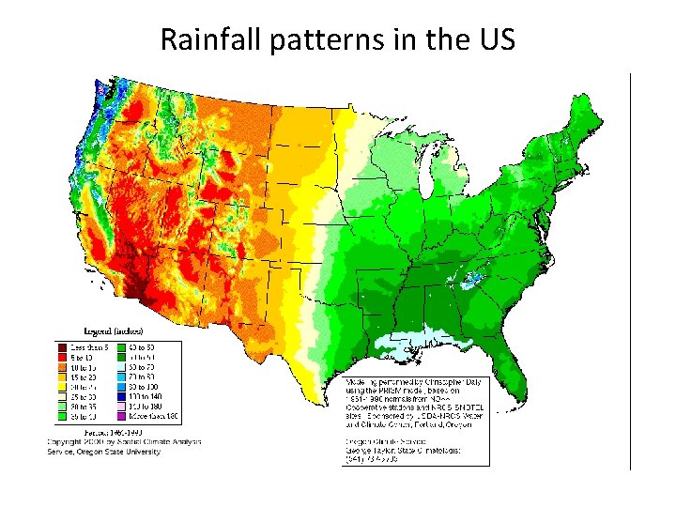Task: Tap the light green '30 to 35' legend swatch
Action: coord(66,406)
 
